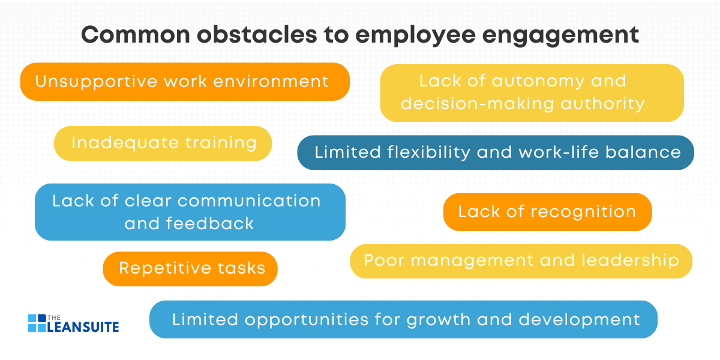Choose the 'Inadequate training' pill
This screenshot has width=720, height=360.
coord(163,143)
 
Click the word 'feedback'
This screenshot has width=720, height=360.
coord(209,224)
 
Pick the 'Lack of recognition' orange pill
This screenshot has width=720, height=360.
coord(547,212)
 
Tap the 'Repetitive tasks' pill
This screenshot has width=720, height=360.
coord(191,268)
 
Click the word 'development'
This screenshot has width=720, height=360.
coord(579,320)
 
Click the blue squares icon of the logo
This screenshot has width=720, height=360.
coord(37,322)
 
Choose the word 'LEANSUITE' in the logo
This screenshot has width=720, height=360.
coord(83,327)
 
